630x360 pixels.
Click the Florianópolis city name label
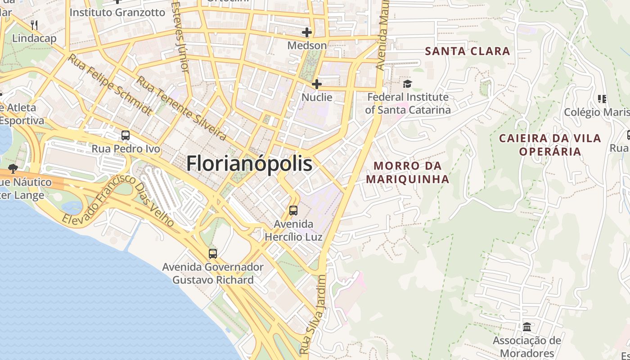pyautogui.click(x=249, y=163)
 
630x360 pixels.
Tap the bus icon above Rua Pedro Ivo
pyautogui.click(x=126, y=135)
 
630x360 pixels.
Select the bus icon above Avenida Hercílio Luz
pyautogui.click(x=293, y=210)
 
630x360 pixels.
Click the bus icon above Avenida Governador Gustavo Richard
pyautogui.click(x=213, y=254)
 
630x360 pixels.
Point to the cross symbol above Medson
pyautogui.click(x=307, y=32)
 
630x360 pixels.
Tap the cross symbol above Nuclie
pyautogui.click(x=317, y=84)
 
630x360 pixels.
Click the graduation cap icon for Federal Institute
pyautogui.click(x=407, y=84)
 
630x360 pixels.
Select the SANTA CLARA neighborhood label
pyautogui.click(x=468, y=51)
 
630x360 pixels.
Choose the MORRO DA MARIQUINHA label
pyautogui.click(x=407, y=172)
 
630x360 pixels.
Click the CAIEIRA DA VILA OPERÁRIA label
pyautogui.click(x=550, y=144)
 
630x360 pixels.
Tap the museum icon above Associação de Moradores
pyautogui.click(x=527, y=327)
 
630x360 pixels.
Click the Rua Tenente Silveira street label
pyautogui.click(x=181, y=108)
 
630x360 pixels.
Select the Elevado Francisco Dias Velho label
pyautogui.click(x=118, y=200)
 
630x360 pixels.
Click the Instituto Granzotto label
pyautogui.click(x=117, y=12)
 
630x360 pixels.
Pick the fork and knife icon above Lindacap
pyautogui.click(x=34, y=25)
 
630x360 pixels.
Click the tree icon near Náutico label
pyautogui.click(x=13, y=169)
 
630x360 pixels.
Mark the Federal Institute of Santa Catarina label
pyautogui.click(x=408, y=103)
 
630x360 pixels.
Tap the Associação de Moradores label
pyautogui.click(x=526, y=346)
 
